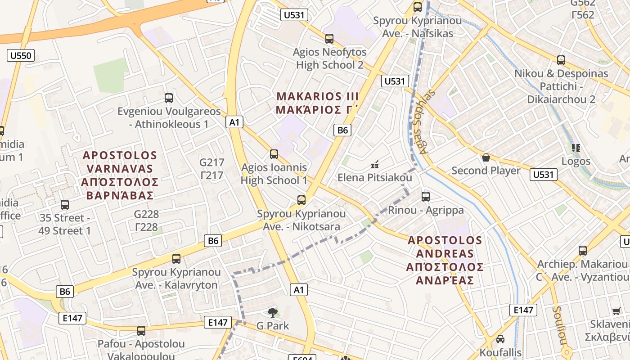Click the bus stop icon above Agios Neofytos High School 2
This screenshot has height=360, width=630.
click(x=329, y=39)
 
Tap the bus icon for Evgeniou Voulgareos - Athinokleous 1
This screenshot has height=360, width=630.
click(x=169, y=98)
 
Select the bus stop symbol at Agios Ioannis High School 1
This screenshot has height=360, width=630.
click(x=274, y=154)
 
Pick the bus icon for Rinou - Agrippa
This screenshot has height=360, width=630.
click(x=426, y=196)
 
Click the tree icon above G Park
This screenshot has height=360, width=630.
click(x=272, y=312)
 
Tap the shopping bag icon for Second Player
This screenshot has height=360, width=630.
click(x=486, y=157)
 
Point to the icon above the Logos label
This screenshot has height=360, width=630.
click(x=576, y=148)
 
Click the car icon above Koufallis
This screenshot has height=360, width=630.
click(x=500, y=339)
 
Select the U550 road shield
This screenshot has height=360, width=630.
click(x=21, y=56)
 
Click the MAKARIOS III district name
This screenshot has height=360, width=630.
click(x=317, y=103)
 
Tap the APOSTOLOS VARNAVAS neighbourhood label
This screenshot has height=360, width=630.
click(x=120, y=175)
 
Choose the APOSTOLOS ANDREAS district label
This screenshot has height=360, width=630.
click(x=445, y=260)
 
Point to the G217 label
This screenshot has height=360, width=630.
click(x=211, y=169)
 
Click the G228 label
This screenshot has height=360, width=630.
click(x=147, y=220)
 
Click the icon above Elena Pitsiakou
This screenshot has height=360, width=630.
click(x=374, y=165)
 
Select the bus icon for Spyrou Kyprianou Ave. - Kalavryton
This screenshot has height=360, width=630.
click(x=176, y=259)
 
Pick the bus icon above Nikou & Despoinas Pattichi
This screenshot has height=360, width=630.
click(x=561, y=60)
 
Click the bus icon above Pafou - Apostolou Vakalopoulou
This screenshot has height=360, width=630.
click(x=141, y=331)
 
